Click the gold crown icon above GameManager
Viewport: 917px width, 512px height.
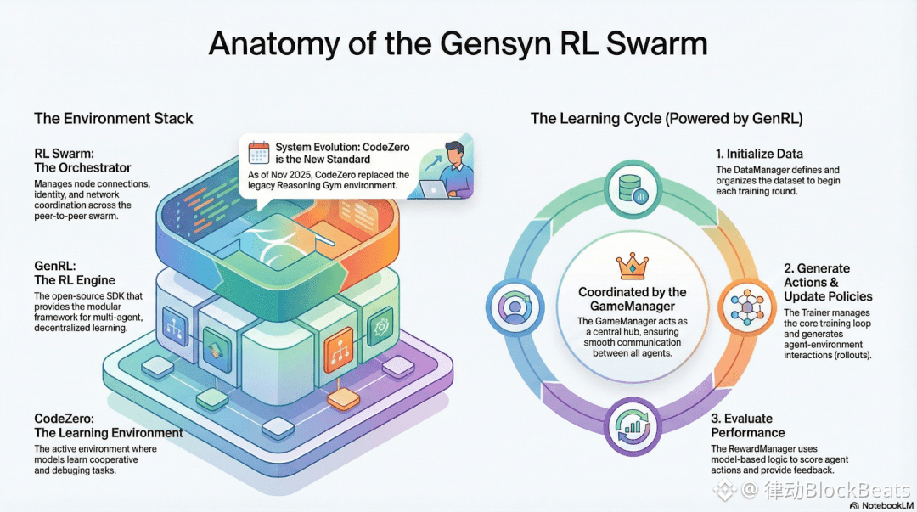(633, 267)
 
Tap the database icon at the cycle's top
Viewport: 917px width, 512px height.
(633, 189)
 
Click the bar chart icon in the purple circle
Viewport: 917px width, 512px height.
(633, 426)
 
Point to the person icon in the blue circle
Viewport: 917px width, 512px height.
(515, 307)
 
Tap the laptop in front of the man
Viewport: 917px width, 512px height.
(433, 189)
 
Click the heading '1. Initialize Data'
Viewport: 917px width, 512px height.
(759, 154)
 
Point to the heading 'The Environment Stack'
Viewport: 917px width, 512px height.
(114, 118)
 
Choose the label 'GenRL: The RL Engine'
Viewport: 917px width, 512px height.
(74, 273)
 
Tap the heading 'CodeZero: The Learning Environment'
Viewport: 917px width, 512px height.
(108, 425)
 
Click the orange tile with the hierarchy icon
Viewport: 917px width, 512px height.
(339, 349)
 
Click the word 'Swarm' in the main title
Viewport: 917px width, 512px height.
(656, 44)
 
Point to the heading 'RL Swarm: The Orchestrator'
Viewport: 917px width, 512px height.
(82, 161)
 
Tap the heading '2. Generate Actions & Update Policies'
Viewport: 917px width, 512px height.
(828, 282)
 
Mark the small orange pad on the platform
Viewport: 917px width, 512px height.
(343, 399)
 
